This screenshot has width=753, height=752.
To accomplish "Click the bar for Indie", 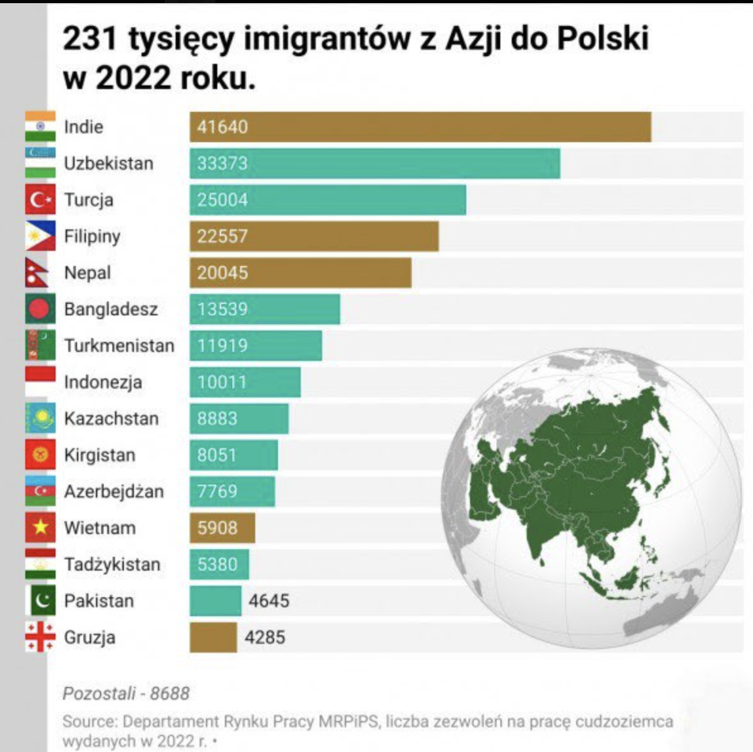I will (420, 127).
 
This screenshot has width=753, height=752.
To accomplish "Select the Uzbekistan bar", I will (375, 164).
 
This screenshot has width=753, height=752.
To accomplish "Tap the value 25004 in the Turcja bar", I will (222, 200).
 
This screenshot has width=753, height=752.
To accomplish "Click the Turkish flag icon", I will (40, 200).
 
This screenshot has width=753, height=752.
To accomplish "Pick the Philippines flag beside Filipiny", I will (40, 236).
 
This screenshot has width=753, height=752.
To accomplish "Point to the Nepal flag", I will (38, 273).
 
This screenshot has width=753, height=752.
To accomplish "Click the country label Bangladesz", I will (111, 310).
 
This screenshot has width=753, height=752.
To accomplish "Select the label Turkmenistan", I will (119, 346).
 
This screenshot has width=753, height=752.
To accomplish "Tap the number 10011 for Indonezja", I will (222, 382).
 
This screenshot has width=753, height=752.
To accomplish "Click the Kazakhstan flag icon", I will (40, 418).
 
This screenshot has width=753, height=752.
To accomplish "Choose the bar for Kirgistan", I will (234, 455).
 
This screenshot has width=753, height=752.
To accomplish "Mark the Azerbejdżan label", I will (114, 492).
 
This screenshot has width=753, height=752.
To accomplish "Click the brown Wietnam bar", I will (222, 528).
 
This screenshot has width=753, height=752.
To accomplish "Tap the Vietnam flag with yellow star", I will (40, 528).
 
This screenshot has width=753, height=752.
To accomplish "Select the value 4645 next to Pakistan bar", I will (268, 600).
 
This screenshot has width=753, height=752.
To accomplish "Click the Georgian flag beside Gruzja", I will (40, 637).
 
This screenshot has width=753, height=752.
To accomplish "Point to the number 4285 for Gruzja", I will (265, 637).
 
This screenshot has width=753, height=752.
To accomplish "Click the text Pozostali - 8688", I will (126, 694).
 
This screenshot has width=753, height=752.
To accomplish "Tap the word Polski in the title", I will (603, 40).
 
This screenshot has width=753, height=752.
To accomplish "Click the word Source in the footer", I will (89, 722).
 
